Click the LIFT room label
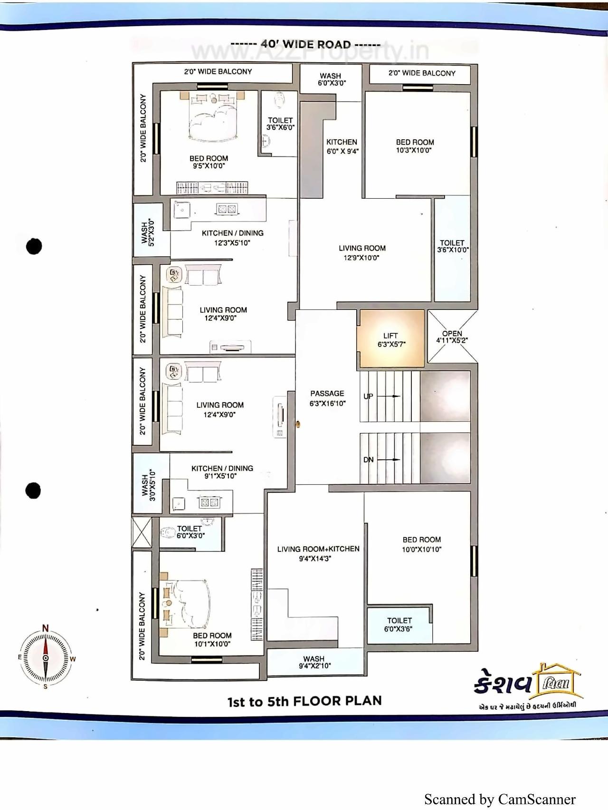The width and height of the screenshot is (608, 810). pyautogui.click(x=391, y=339)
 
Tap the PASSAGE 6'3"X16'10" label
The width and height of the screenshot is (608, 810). pyautogui.click(x=327, y=398)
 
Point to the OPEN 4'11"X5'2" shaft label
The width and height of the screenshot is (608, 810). pyautogui.click(x=452, y=337)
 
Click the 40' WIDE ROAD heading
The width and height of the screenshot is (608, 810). pyautogui.click(x=305, y=44)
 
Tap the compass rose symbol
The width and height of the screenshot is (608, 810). pyautogui.click(x=46, y=658)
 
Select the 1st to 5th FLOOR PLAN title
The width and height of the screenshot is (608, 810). pyautogui.click(x=304, y=701)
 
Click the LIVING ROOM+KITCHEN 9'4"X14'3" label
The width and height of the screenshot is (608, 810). pyautogui.click(x=318, y=553)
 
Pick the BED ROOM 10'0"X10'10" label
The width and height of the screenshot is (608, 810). pyautogui.click(x=421, y=544)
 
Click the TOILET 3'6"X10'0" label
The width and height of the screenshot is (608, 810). pyautogui.click(x=452, y=246)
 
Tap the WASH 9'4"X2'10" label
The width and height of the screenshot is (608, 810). pyautogui.click(x=314, y=662)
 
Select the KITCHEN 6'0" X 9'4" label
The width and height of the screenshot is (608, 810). pyautogui.click(x=342, y=146)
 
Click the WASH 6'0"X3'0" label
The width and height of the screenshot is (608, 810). pyautogui.click(x=331, y=79)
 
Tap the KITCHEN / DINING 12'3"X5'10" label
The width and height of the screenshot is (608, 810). pyautogui.click(x=232, y=238)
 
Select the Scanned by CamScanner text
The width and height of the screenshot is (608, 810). pyautogui.click(x=500, y=799)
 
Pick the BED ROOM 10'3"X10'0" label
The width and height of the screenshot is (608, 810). pyautogui.click(x=415, y=146)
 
